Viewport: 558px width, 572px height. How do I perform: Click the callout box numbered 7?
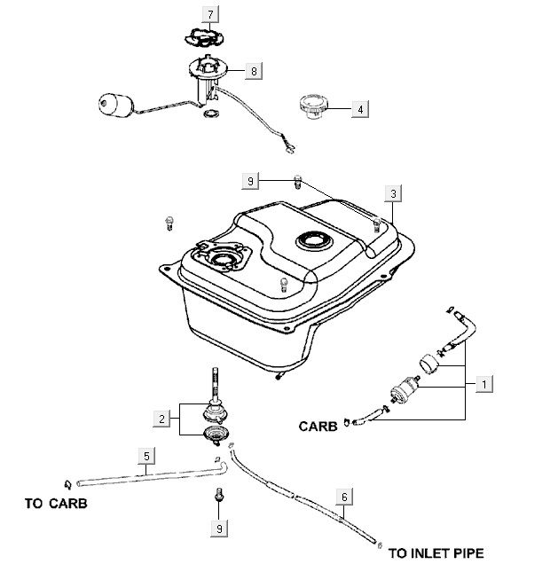(x=210, y=15)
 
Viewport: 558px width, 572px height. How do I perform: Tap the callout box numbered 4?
(x=360, y=109)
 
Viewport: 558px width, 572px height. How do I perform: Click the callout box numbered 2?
(x=161, y=417)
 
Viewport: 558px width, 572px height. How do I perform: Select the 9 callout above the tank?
(x=251, y=181)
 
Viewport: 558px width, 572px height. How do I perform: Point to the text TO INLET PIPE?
(x=436, y=553)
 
